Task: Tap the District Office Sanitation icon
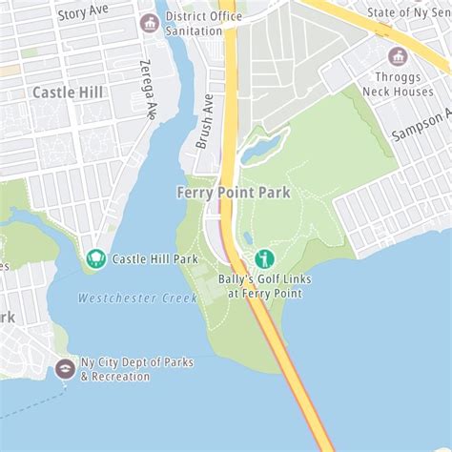[x=149, y=23]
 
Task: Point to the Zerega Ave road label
[x=147, y=90]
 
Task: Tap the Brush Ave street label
[x=204, y=121]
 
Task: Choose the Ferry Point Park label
[x=234, y=192]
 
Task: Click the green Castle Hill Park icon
[x=95, y=258]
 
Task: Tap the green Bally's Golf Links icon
[x=264, y=258]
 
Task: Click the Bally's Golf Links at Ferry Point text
[x=264, y=286]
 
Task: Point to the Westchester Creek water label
[x=137, y=298]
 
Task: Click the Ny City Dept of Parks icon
[x=65, y=368]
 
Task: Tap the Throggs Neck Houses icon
[x=398, y=56]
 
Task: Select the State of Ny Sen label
[x=408, y=11]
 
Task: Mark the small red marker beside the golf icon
[x=242, y=259]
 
